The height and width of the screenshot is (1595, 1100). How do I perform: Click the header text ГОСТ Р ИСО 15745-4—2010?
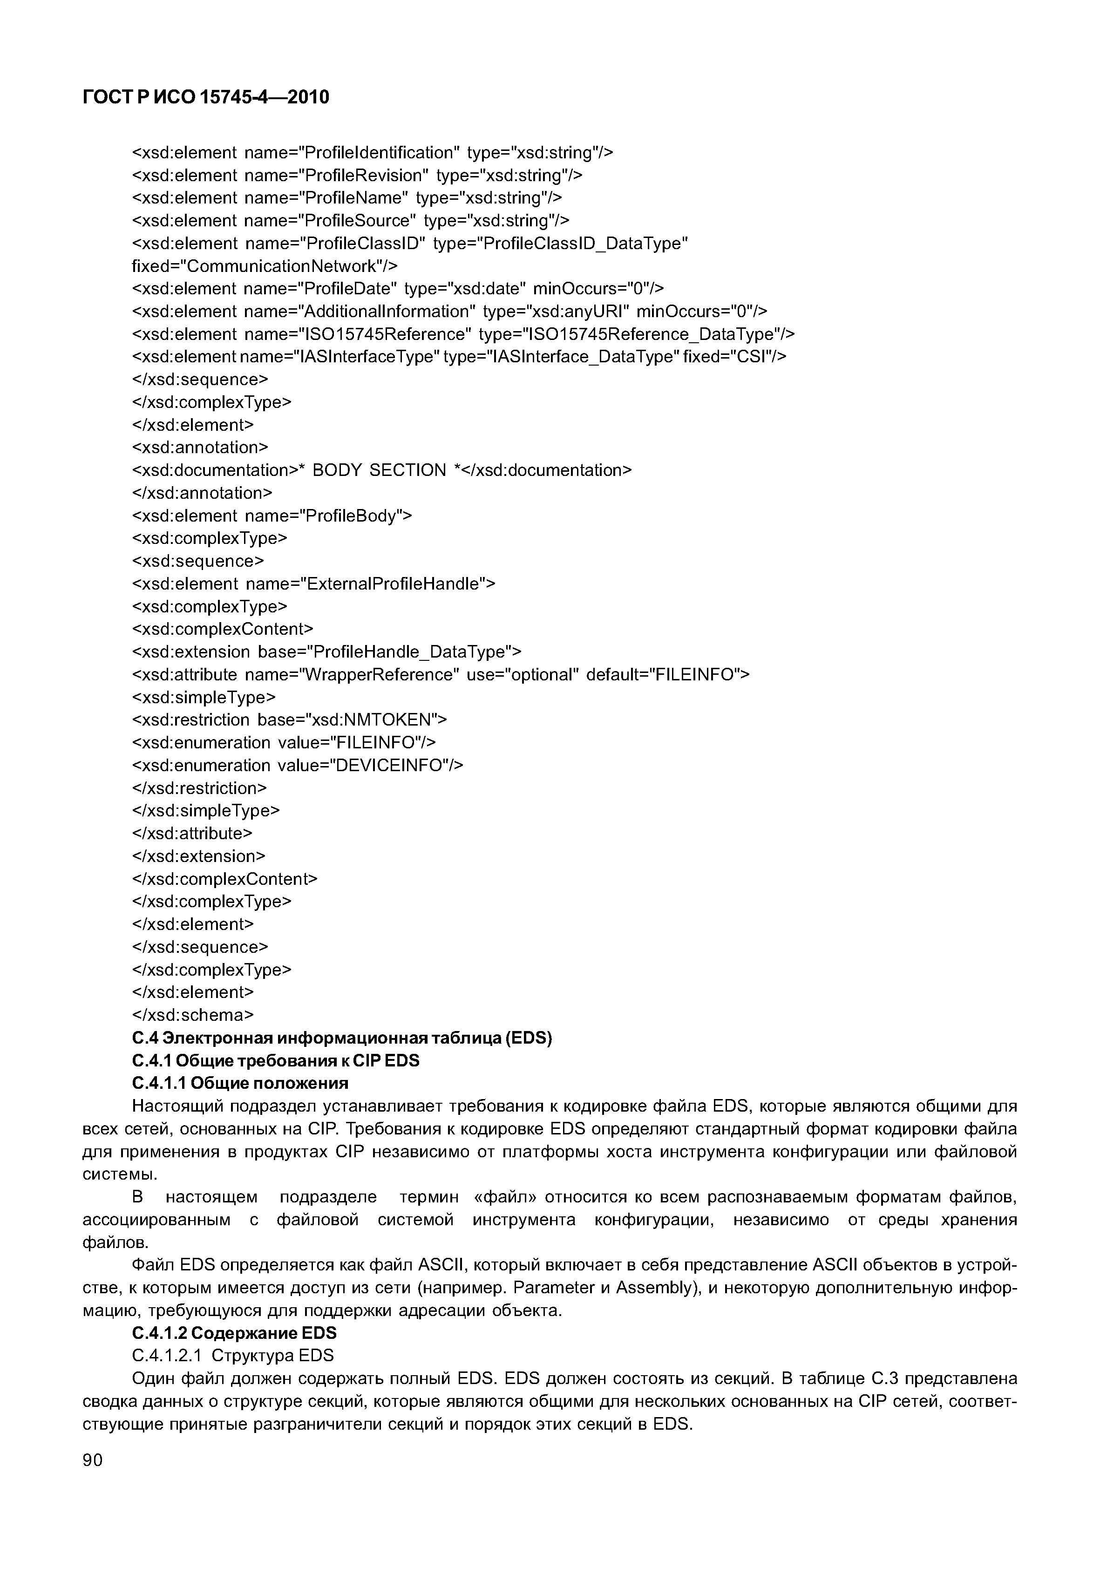(205, 98)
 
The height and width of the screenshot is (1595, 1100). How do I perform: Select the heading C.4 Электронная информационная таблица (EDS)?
(342, 1038)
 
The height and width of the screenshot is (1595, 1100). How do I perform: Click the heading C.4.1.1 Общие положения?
(240, 1083)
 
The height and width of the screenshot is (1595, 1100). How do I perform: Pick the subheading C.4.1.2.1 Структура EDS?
(233, 1355)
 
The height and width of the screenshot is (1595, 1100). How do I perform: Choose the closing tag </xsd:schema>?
(193, 1015)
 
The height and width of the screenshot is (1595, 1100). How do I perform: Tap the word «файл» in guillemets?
(505, 1196)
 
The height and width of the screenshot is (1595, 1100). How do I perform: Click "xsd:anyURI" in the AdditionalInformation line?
(574, 312)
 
